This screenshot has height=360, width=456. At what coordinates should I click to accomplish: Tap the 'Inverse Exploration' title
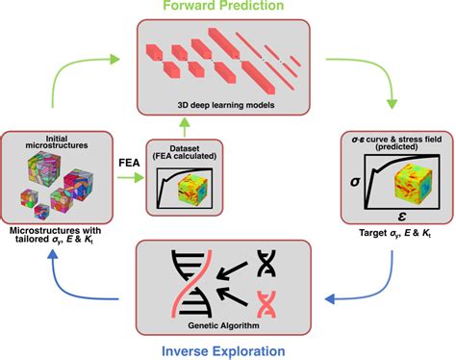(228, 347)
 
